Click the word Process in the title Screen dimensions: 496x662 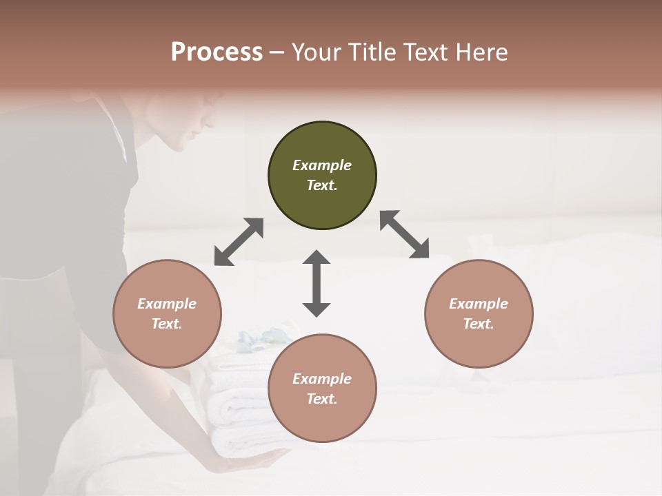217,52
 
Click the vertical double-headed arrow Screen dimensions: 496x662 317,283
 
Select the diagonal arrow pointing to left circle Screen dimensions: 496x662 239,242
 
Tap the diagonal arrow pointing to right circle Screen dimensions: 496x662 404,235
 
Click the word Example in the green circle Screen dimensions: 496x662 322,165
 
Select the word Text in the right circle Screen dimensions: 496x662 479,324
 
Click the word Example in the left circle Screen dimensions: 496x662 167,304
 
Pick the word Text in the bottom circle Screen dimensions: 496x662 322,399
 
